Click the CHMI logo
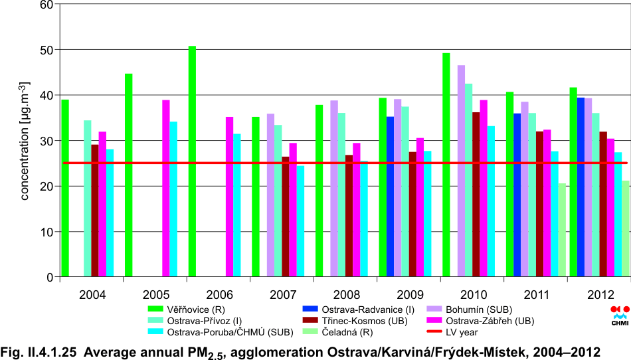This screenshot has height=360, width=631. (619, 316)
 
